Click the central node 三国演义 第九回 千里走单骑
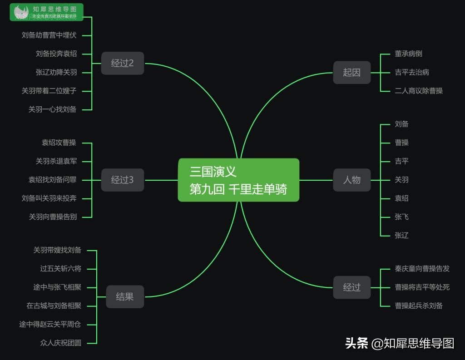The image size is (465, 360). click(x=238, y=180)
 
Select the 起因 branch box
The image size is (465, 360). click(x=351, y=72)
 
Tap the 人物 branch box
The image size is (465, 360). click(x=351, y=180)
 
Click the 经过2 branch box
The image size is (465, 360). click(x=122, y=63)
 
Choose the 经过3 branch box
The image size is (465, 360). click(x=122, y=180)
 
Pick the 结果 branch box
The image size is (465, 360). click(x=124, y=297)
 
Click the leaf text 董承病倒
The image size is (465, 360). click(x=408, y=54)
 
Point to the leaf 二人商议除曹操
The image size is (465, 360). click(x=419, y=91)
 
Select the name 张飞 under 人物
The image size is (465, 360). click(x=401, y=217)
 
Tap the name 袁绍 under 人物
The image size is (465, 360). click(x=401, y=198)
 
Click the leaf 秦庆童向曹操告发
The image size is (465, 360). click(x=422, y=269)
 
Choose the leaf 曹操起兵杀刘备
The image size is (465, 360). click(x=419, y=306)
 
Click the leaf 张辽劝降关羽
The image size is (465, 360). click(x=56, y=72)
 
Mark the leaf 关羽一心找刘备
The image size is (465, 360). click(x=53, y=109)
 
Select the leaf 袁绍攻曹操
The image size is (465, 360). click(x=59, y=143)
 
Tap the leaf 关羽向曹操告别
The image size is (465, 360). click(x=53, y=217)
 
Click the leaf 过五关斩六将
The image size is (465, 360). click(x=61, y=269)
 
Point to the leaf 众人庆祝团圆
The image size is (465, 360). click(x=61, y=343)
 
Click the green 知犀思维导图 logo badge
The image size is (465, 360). click(x=46, y=12)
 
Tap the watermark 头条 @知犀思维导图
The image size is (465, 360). click(x=400, y=343)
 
